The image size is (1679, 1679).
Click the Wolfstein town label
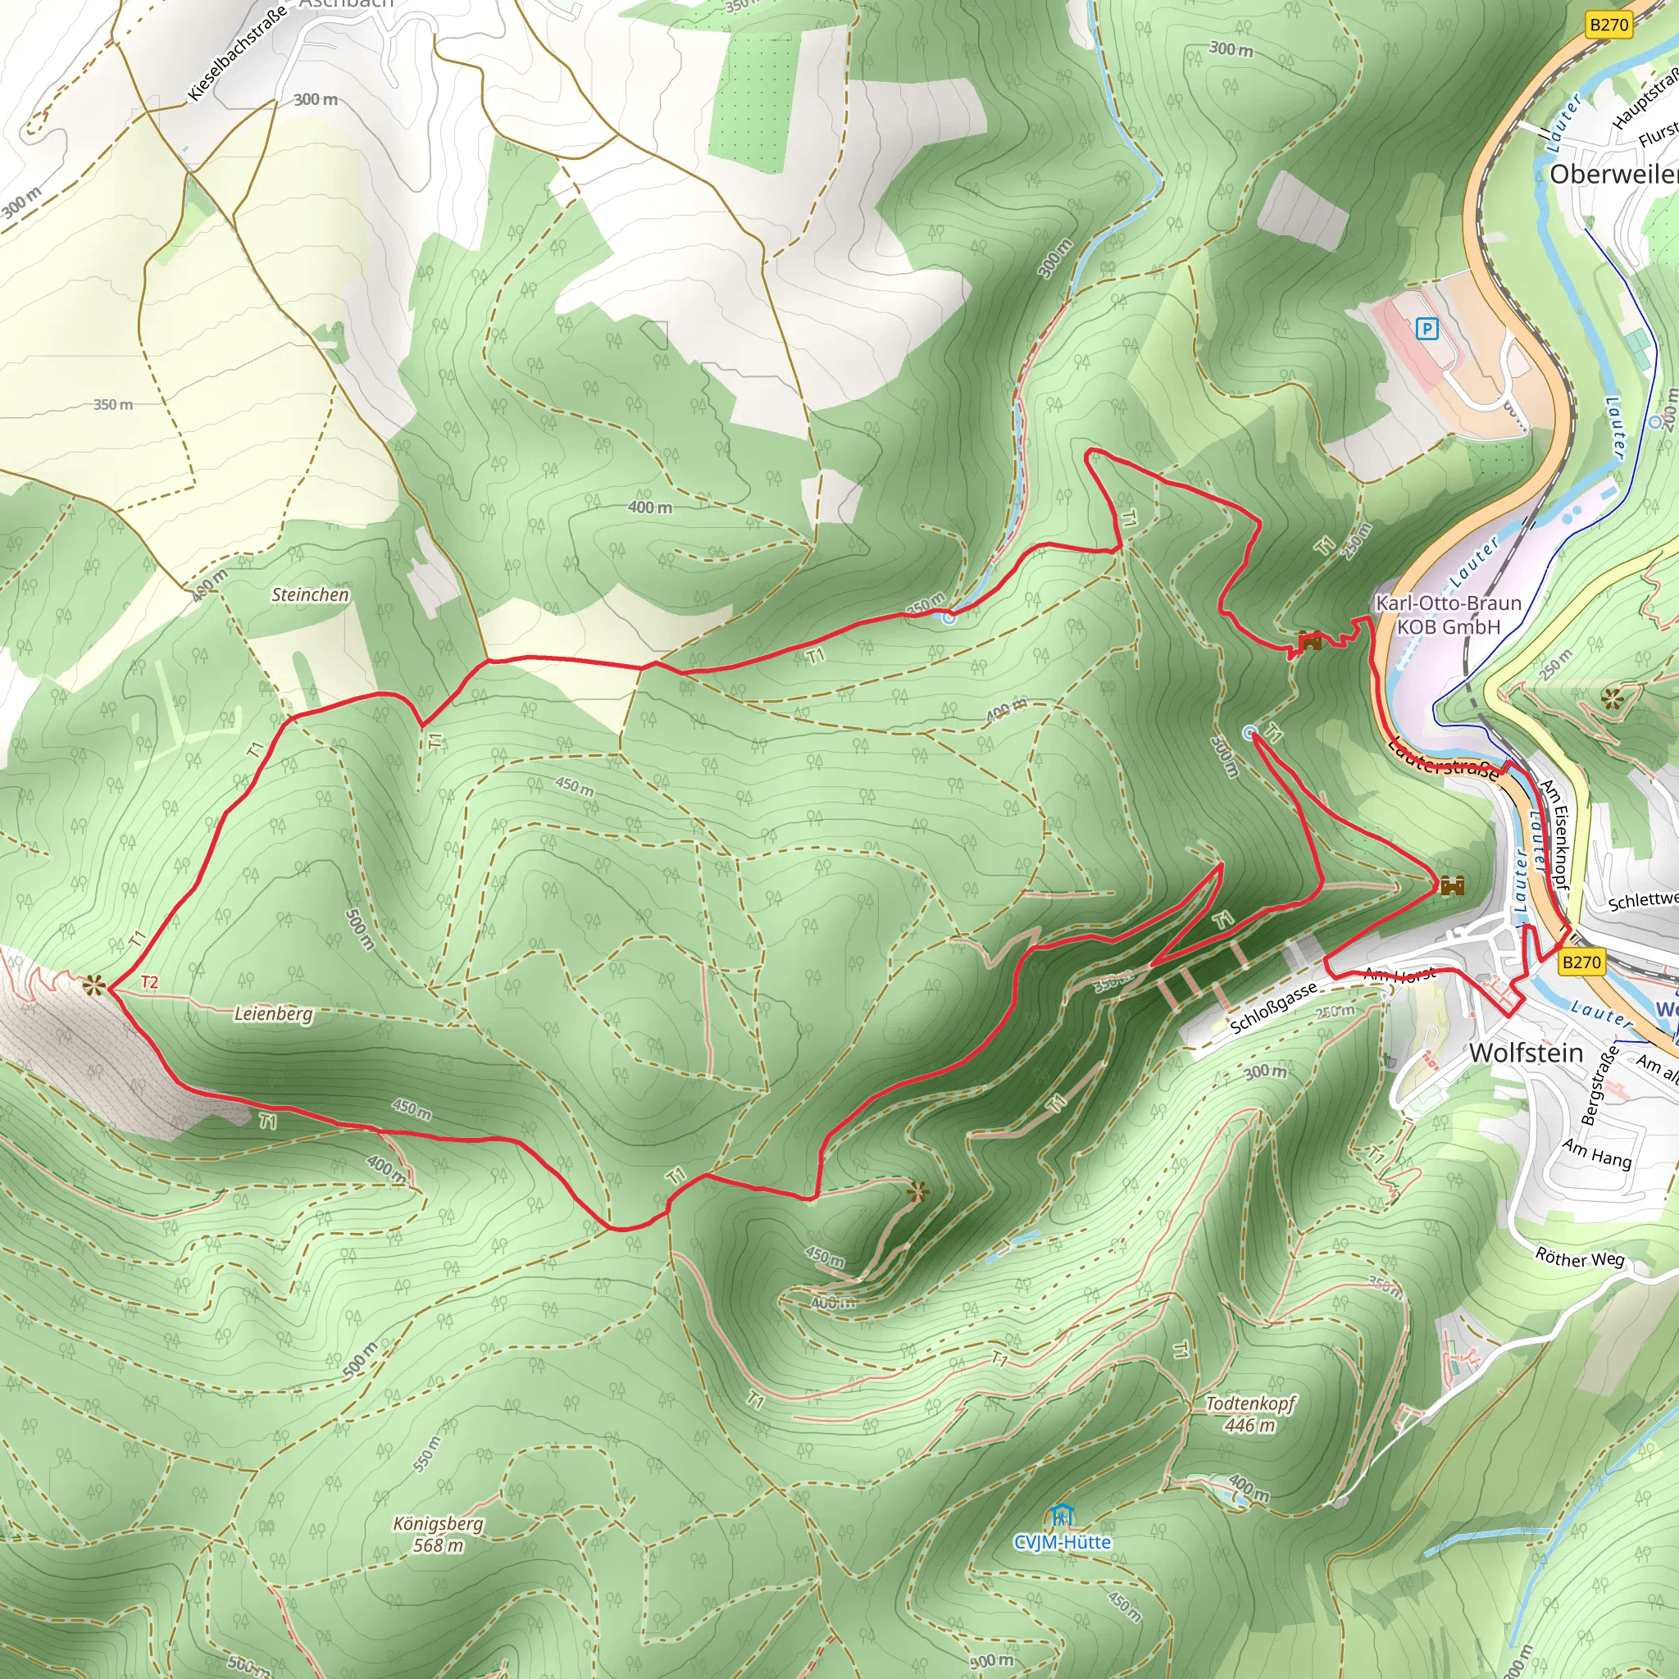pyautogui.click(x=1526, y=1053)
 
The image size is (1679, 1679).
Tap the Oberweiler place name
pyautogui.click(x=1613, y=174)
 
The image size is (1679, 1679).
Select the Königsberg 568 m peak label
pyautogui.click(x=438, y=1534)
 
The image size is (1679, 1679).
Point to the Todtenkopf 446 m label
pyautogui.click(x=1249, y=1414)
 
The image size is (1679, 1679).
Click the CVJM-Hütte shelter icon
pyautogui.click(x=1061, y=1517)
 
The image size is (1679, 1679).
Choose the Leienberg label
pyautogui.click(x=273, y=1013)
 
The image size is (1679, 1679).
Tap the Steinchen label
pyautogui.click(x=310, y=594)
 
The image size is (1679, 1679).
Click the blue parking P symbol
pyautogui.click(x=1426, y=330)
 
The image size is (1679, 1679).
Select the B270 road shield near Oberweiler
pyautogui.click(x=1608, y=25)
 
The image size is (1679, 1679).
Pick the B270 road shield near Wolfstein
pyautogui.click(x=1581, y=962)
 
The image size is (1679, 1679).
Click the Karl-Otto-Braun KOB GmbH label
pyautogui.click(x=1449, y=614)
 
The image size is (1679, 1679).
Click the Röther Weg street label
pyautogui.click(x=1579, y=1258)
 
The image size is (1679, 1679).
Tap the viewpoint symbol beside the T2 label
pyautogui.click(x=93, y=985)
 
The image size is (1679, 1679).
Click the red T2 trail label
pyautogui.click(x=149, y=982)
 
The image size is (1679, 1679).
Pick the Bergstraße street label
pyautogui.click(x=1600, y=1085)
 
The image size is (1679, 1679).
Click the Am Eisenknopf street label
pyautogui.click(x=1554, y=834)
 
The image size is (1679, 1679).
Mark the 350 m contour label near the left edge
pyautogui.click(x=113, y=404)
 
